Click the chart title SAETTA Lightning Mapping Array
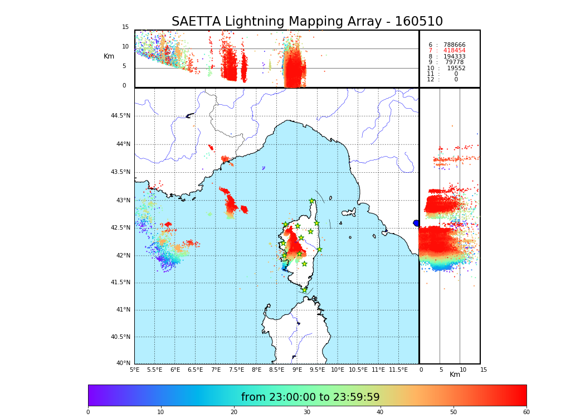pyautogui.click(x=307, y=22)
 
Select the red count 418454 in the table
pyautogui.click(x=455, y=51)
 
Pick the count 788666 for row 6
pyautogui.click(x=455, y=45)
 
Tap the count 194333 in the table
pyautogui.click(x=455, y=56)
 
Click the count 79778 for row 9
pyautogui.click(x=454, y=62)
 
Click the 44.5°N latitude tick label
pyautogui.click(x=120, y=116)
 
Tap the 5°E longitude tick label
pyautogui.click(x=134, y=370)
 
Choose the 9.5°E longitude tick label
pyautogui.click(x=318, y=370)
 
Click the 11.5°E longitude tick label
pyautogui.click(x=399, y=370)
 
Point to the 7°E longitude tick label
pyautogui.click(x=216, y=370)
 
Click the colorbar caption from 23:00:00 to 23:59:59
pyautogui.click(x=310, y=397)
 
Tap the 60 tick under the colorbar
pyautogui.click(x=526, y=412)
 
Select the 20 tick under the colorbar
pyautogui.click(x=234, y=412)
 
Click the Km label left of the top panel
pyautogui.click(x=109, y=56)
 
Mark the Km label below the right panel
pyautogui.click(x=455, y=375)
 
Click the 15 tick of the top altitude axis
pyautogui.click(x=125, y=27)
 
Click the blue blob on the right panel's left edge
pyautogui.click(x=416, y=223)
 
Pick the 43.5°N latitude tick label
pyautogui.click(x=120, y=172)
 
